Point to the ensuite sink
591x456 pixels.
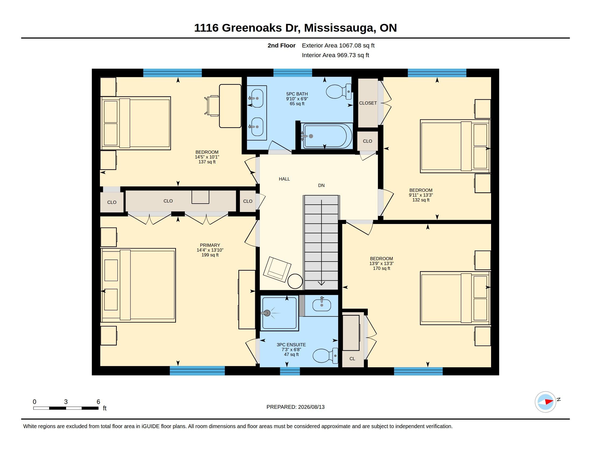[322, 304]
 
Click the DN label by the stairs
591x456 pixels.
[321, 185]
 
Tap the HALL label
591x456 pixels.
[284, 179]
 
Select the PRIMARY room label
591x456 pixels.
[210, 245]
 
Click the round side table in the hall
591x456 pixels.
[295, 281]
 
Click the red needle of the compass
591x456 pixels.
[549, 402]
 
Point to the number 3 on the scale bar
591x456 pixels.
[66, 402]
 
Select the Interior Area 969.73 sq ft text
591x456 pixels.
[336, 55]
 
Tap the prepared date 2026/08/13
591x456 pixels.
[311, 407]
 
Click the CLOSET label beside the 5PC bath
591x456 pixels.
[368, 103]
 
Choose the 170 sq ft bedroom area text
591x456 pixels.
[381, 268]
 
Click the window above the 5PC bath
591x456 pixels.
[293, 73]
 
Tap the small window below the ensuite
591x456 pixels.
[290, 371]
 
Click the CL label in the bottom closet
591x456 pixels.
[352, 359]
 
